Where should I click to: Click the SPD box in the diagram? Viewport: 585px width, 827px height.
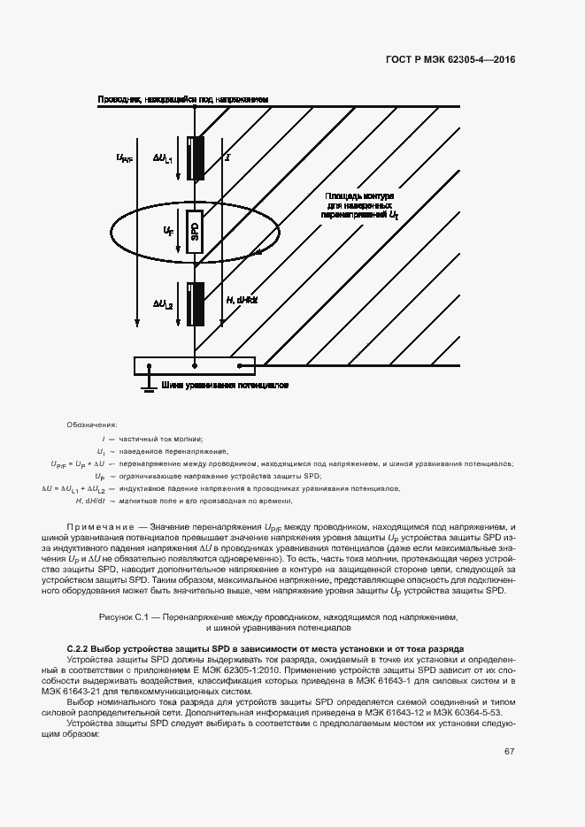pyautogui.click(x=195, y=232)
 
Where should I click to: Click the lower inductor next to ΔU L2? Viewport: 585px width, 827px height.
pyautogui.click(x=195, y=303)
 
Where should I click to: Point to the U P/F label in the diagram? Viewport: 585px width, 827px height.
pyautogui.click(x=124, y=158)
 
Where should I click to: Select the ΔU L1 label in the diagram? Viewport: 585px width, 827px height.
pyautogui.click(x=164, y=158)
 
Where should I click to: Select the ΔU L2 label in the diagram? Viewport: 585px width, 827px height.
pyautogui.click(x=164, y=303)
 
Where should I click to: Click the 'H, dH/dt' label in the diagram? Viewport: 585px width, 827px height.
pyautogui.click(x=242, y=301)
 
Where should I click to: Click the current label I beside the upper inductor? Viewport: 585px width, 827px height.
pyautogui.click(x=228, y=157)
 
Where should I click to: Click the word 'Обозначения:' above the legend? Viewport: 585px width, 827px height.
pyautogui.click(x=92, y=425)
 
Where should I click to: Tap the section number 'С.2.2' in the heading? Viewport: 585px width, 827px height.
pyautogui.click(x=81, y=649)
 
